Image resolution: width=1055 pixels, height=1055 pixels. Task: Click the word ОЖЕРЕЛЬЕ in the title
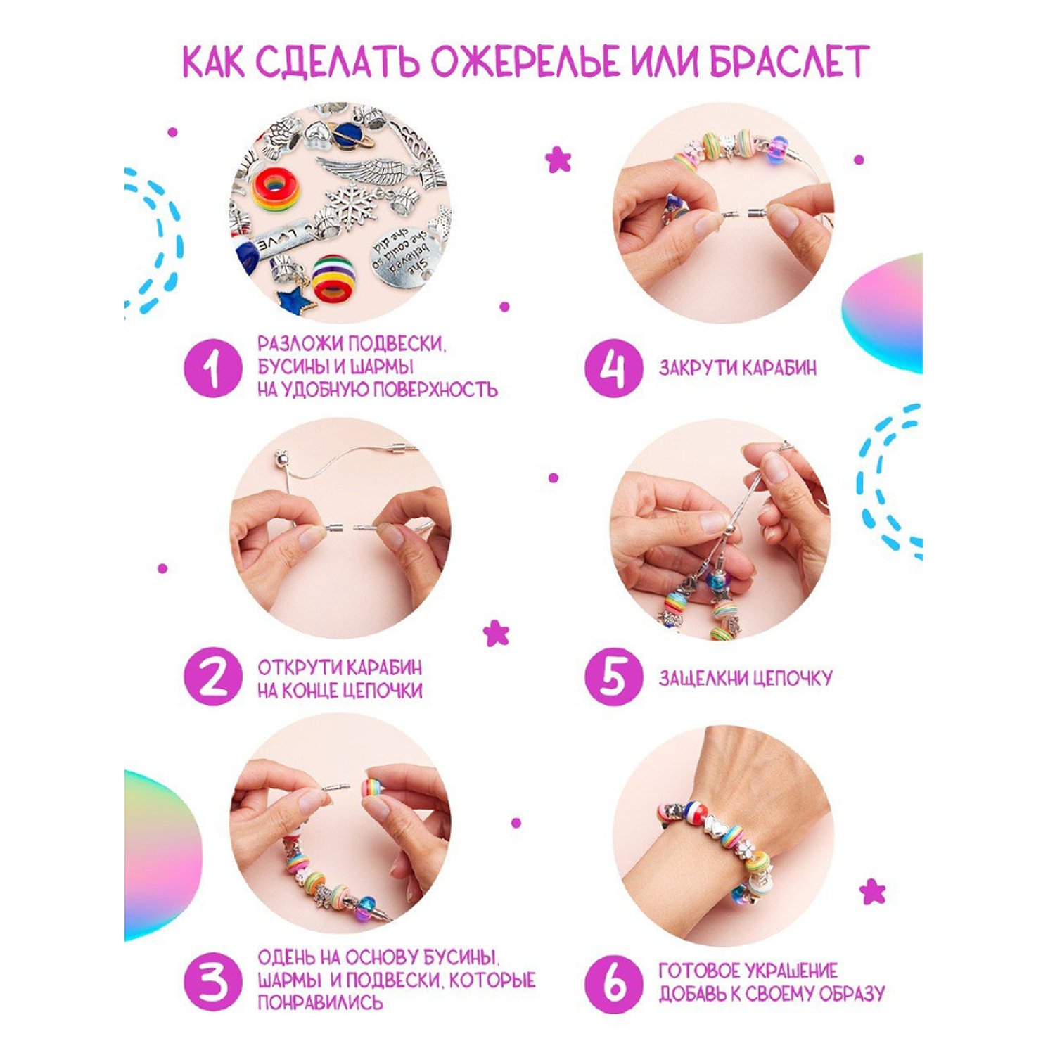pos(525,62)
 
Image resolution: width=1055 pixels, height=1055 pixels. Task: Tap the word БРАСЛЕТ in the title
pos(789,62)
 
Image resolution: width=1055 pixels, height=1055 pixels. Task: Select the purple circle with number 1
pos(213,368)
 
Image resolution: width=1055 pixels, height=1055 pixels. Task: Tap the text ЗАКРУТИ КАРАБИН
pos(738,368)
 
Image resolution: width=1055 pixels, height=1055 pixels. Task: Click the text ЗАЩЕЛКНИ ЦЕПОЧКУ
pos(746,678)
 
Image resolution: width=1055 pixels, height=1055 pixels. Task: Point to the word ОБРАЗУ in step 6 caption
pos(848,994)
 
